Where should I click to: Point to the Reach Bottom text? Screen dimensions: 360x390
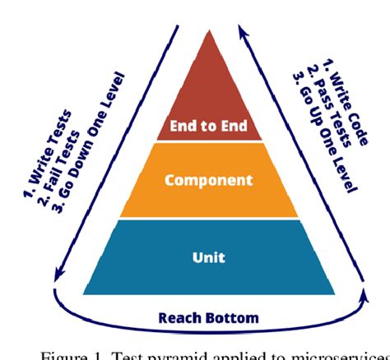pos(208,317)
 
